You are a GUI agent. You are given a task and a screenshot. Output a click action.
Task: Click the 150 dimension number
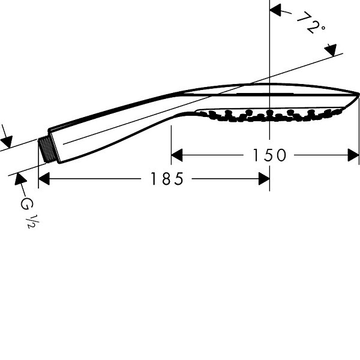269,155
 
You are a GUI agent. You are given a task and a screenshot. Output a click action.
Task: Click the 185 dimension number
167,179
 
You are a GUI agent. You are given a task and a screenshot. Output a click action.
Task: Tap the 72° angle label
311,23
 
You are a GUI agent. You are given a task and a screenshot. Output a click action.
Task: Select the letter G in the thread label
27,203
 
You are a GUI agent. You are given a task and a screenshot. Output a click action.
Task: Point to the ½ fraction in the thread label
34,222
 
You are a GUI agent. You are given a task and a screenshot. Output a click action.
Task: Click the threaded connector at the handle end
47,149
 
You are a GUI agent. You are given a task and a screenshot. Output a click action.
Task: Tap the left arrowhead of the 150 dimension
177,155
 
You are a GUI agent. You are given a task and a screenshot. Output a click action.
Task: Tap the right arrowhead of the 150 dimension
353,155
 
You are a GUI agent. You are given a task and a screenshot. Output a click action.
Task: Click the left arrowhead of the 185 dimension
44,179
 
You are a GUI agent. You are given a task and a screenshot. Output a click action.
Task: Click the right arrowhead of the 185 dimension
264,179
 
